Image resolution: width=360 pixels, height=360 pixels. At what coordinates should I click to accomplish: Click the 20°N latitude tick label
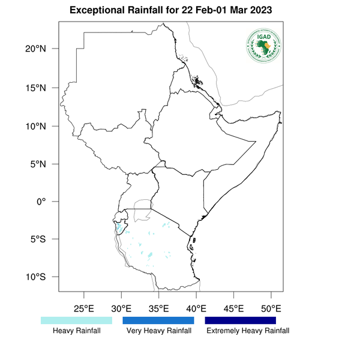(x=35, y=49)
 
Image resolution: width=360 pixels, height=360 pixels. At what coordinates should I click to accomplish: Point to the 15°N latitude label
(x=35, y=88)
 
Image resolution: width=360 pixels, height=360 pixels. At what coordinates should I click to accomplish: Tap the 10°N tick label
(x=35, y=126)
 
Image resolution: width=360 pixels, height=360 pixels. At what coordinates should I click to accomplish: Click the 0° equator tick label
(x=41, y=202)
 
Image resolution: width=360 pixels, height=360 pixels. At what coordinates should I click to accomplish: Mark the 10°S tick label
(x=35, y=277)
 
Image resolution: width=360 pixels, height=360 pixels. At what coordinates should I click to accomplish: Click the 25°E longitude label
(x=83, y=310)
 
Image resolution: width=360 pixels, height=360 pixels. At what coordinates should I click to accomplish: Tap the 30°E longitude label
(x=121, y=310)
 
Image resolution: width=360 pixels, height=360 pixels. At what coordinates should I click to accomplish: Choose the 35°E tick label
(x=158, y=310)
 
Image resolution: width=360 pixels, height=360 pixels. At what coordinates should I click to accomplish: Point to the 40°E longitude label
(x=196, y=310)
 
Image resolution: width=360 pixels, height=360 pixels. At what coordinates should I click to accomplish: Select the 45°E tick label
(x=233, y=310)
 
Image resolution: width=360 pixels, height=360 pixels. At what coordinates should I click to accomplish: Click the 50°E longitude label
(x=271, y=310)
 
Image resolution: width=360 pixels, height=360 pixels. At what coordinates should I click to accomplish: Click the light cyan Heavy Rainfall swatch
(x=76, y=320)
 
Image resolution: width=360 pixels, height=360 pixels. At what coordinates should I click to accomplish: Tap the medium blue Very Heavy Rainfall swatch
(x=158, y=320)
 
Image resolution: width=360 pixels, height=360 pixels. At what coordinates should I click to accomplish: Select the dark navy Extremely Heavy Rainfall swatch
(x=241, y=320)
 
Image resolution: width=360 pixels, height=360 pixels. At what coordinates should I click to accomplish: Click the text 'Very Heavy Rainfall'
(x=158, y=331)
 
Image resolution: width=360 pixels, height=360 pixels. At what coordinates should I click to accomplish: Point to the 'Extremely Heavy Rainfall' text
(x=247, y=331)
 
